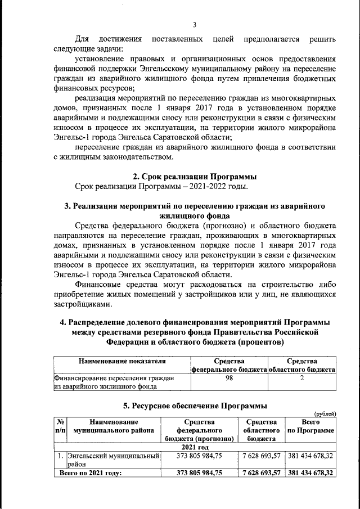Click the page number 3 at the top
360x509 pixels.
(195, 24)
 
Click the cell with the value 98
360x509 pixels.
(229, 378)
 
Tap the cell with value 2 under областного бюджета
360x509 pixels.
(301, 378)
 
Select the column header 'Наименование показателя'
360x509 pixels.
(121, 361)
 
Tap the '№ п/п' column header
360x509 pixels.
(59, 426)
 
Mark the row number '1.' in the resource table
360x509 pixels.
(59, 456)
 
